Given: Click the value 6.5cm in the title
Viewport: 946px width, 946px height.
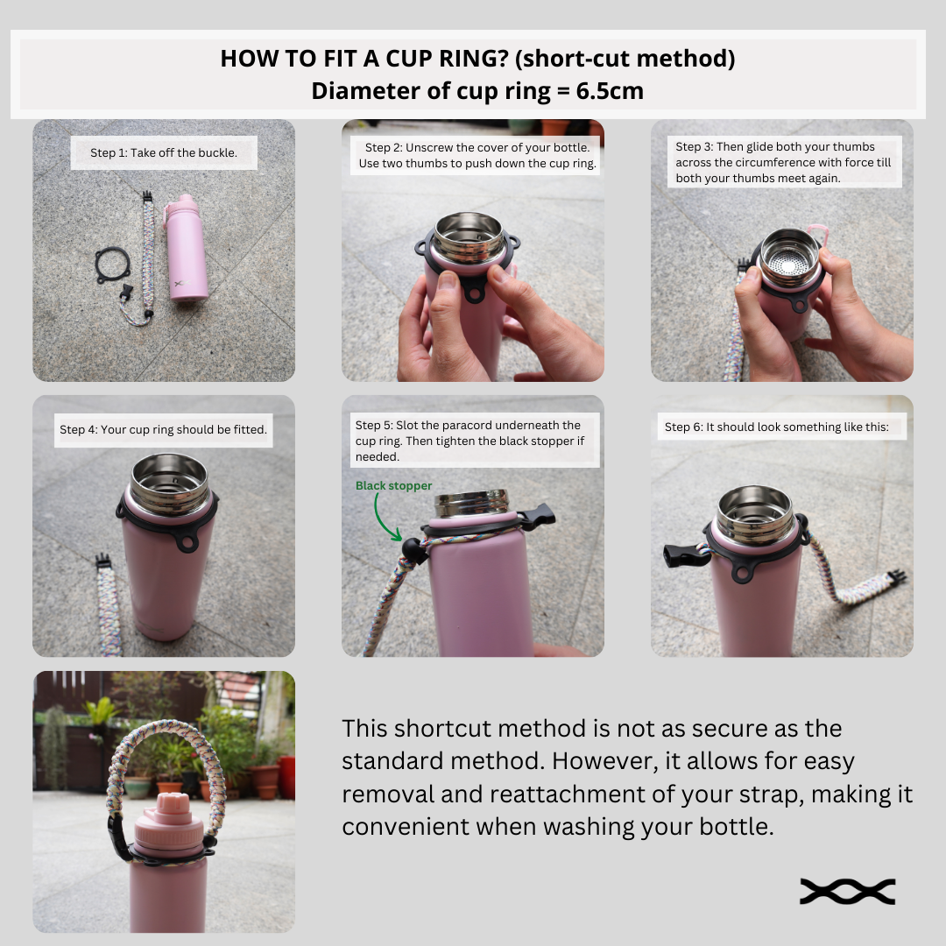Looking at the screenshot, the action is pyautogui.click(x=610, y=91).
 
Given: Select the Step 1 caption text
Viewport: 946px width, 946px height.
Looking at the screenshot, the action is pyautogui.click(x=164, y=152).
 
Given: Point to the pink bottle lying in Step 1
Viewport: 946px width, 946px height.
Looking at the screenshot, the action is pyautogui.click(x=187, y=247).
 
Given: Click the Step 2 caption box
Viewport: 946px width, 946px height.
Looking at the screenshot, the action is pyautogui.click(x=476, y=155).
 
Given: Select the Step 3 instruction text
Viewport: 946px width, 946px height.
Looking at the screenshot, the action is pyautogui.click(x=783, y=162).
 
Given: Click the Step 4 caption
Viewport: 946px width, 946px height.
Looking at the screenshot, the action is pyautogui.click(x=163, y=429).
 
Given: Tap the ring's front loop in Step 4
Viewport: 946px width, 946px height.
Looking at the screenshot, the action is pyautogui.click(x=187, y=542).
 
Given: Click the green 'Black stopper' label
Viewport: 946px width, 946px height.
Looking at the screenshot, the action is pyautogui.click(x=393, y=485).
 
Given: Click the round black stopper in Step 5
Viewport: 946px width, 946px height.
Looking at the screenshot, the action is pyautogui.click(x=414, y=550).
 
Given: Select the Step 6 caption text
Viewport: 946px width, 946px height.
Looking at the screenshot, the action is pyautogui.click(x=776, y=427).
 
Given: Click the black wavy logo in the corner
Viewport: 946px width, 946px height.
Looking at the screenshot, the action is pyautogui.click(x=847, y=892).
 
